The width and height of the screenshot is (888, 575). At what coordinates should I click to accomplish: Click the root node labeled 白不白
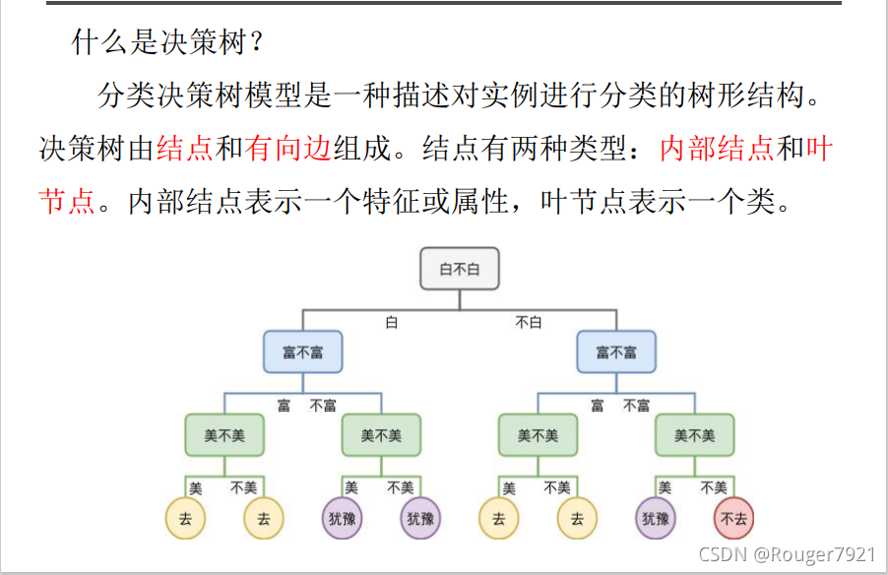coord(460,269)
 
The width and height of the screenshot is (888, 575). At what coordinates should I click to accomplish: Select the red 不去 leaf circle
coord(734,519)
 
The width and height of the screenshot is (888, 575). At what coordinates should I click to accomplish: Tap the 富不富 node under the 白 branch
coord(303,351)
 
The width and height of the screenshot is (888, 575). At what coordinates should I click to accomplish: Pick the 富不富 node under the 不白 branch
coord(616,351)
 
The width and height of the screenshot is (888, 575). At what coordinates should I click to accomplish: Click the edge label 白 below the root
coord(391,322)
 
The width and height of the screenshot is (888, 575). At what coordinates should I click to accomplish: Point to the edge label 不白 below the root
coord(529,322)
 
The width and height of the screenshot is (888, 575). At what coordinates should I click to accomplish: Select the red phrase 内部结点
coord(717,150)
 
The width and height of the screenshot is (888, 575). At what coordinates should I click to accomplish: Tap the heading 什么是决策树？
coord(168,41)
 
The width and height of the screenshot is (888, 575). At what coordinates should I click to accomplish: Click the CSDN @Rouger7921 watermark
coord(787,554)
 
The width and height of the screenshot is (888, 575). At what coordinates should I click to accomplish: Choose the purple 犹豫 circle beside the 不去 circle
coord(656,519)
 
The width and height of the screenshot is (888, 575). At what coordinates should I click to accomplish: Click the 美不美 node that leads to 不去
coord(695,435)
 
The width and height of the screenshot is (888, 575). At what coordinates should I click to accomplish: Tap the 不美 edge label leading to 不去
coord(714,487)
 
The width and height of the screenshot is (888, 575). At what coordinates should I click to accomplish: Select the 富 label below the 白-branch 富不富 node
coord(284,406)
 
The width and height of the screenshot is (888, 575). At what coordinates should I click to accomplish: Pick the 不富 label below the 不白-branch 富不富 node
coord(636,406)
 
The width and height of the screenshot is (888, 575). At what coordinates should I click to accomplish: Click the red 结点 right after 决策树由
coord(185,150)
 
